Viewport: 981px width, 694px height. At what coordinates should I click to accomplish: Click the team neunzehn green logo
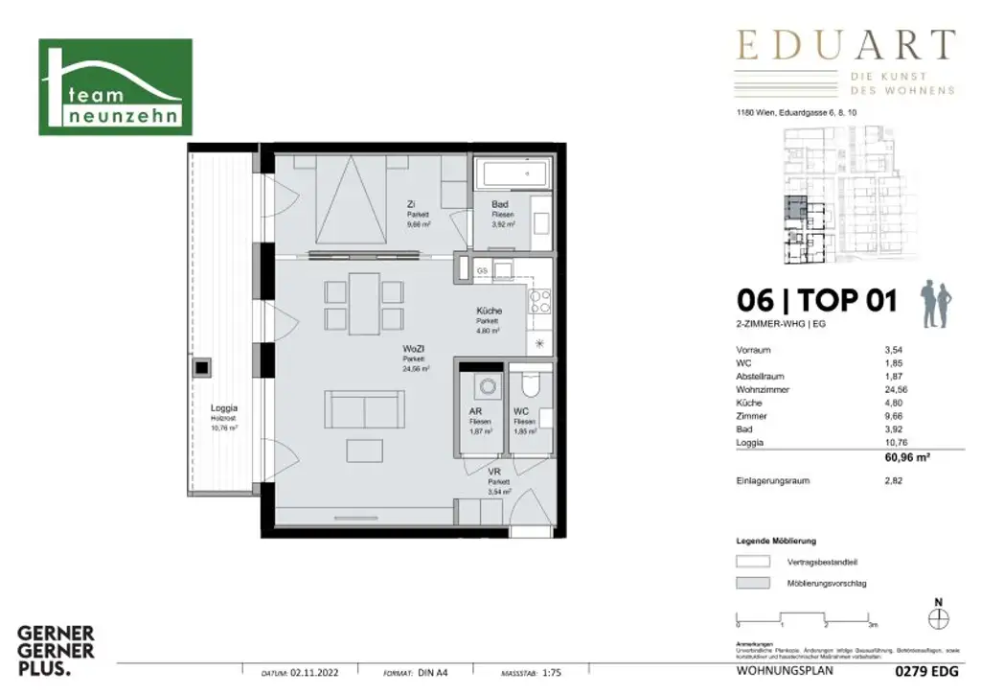[115, 87]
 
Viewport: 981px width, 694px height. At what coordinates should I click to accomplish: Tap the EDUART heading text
[845, 46]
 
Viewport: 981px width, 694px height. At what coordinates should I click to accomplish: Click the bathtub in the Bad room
[513, 175]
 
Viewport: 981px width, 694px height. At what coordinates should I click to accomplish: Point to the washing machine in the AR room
[484, 388]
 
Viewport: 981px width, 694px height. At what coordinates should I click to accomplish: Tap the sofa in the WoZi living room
[364, 410]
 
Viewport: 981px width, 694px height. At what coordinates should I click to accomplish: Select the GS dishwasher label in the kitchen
[483, 271]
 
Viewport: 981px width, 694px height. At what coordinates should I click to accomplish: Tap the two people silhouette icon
[934, 305]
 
